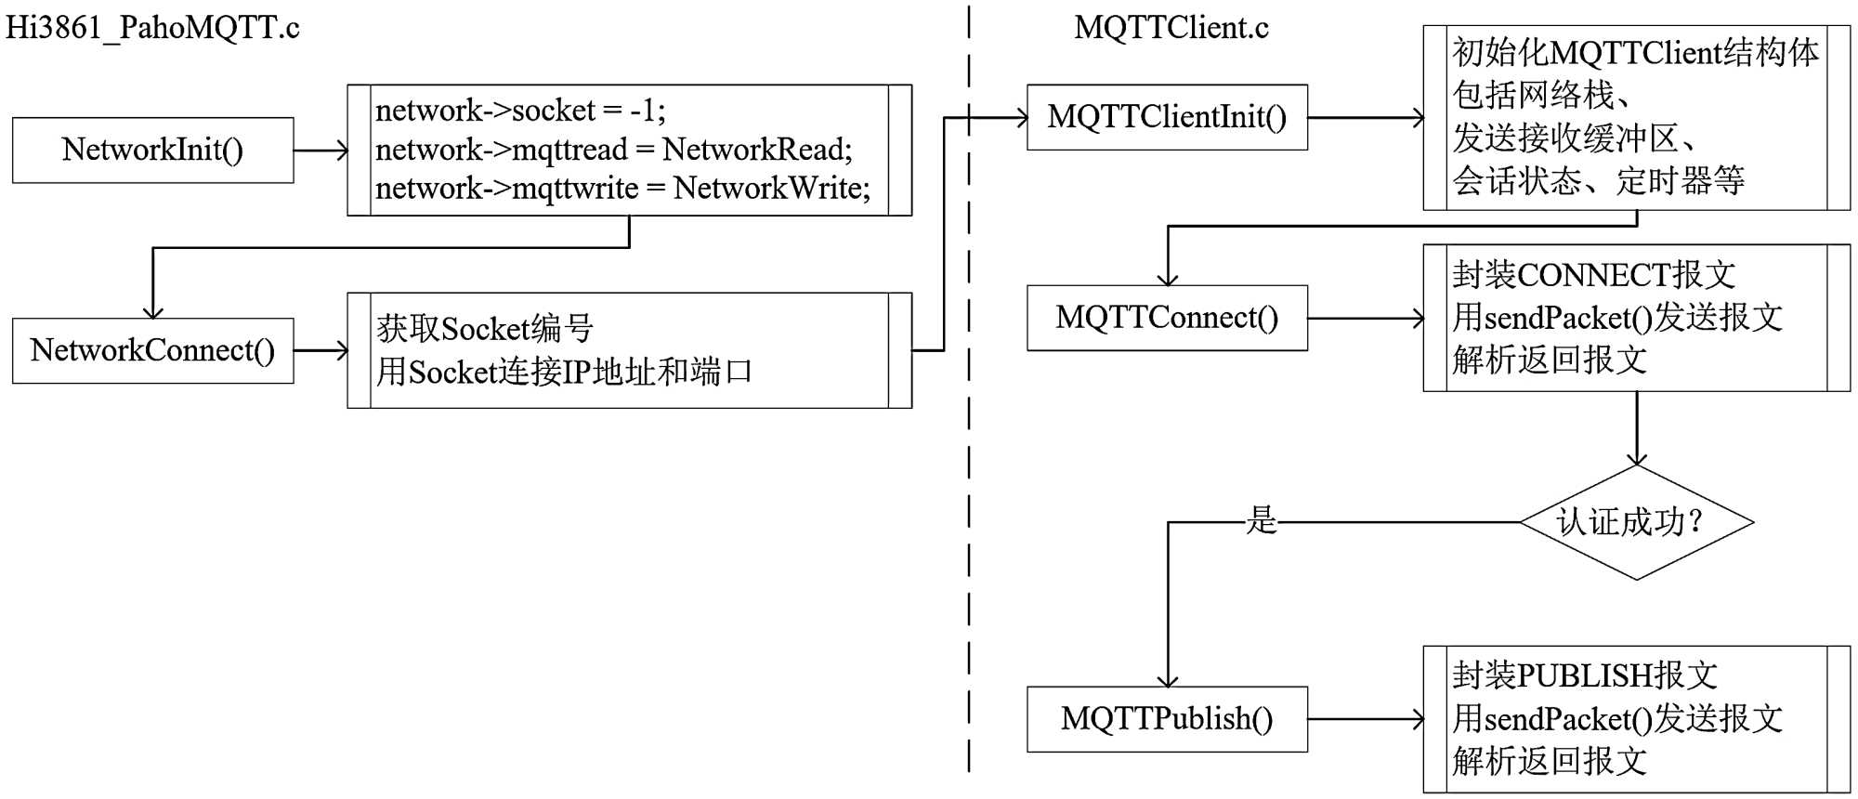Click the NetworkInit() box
[152, 150]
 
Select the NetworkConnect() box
[152, 350]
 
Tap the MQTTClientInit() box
[1167, 117]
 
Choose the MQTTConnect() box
[1167, 318]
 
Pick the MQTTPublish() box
[1167, 719]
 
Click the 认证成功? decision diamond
[1636, 522]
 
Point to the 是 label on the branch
[1261, 520]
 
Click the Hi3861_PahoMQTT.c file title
[152, 28]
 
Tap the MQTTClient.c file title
[1171, 28]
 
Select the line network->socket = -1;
[520, 111]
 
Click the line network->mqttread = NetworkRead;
[613, 150]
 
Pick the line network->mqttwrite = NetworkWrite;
[622, 189]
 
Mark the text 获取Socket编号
[484, 329]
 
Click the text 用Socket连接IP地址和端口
[564, 373]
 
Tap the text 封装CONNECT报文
[1593, 275]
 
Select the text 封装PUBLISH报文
[1585, 675]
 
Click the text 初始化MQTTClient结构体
[1635, 53]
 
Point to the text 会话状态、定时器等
[1598, 180]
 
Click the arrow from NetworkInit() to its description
[321, 151]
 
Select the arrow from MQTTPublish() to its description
[1366, 719]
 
